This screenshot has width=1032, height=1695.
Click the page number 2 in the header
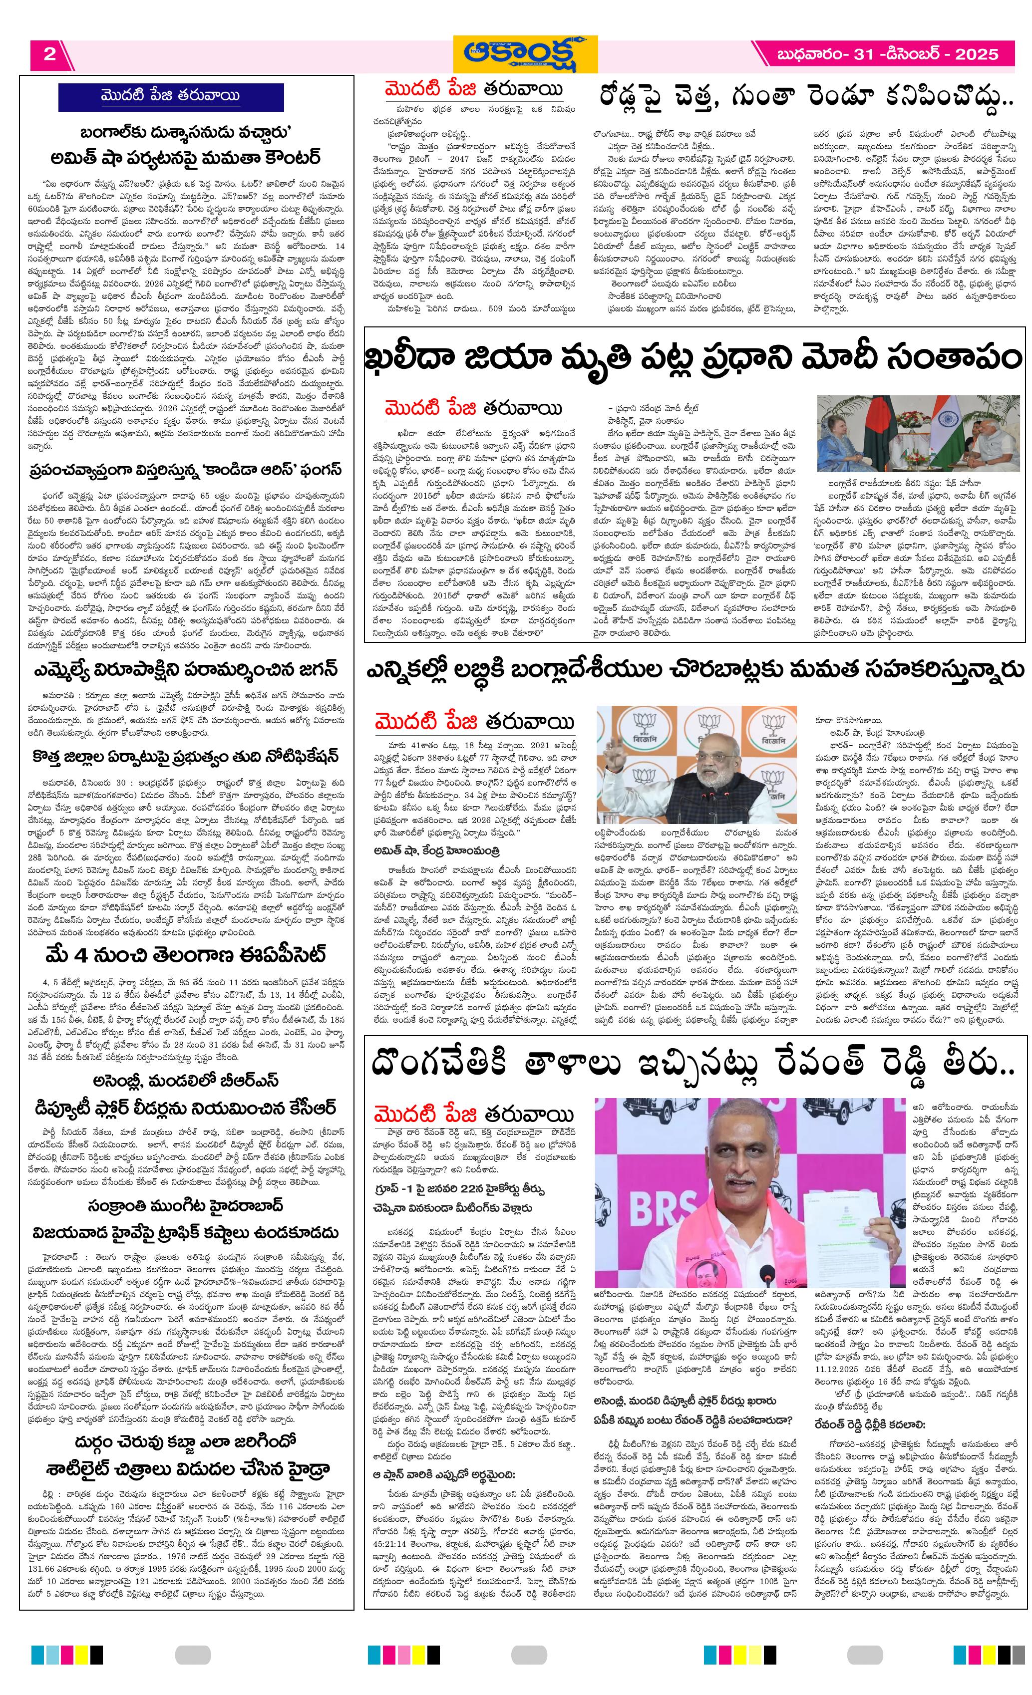pos(49,54)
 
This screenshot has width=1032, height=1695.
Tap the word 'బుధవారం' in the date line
pos(810,54)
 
